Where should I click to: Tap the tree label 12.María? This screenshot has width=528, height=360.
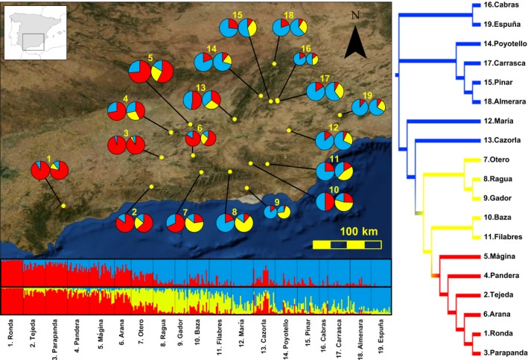coord(490,121)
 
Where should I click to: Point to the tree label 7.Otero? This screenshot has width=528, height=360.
coord(488,160)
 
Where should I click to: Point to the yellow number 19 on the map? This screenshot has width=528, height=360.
coord(368,95)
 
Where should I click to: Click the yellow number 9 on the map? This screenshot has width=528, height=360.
coord(277,202)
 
